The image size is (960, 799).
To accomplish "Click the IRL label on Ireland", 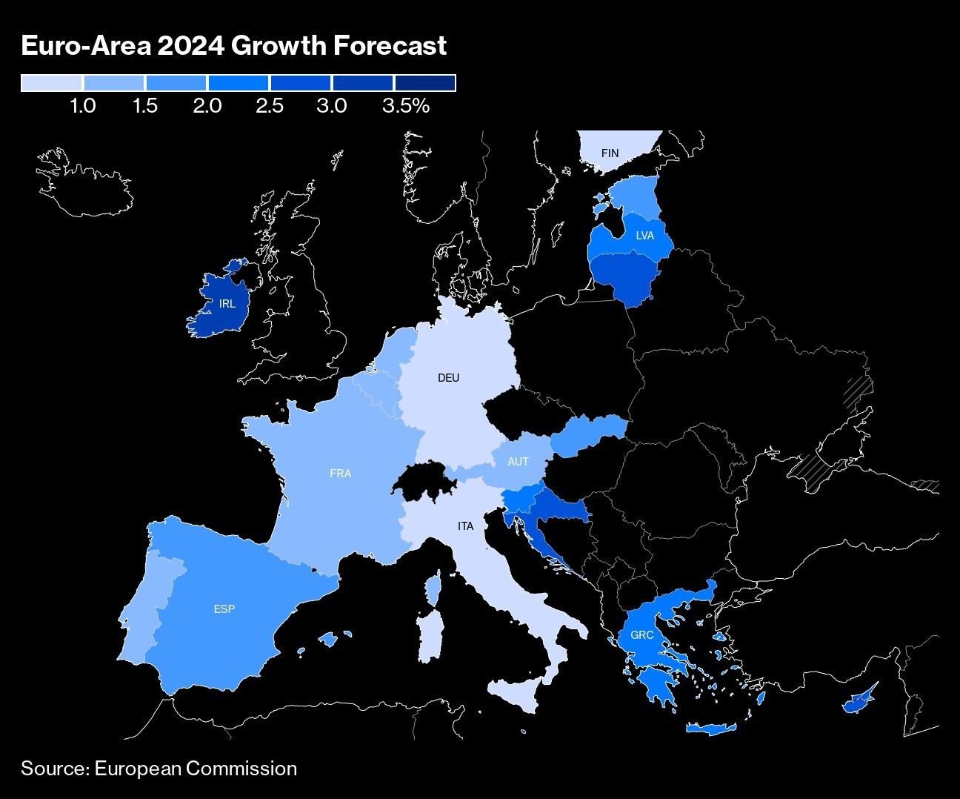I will pos(227,303).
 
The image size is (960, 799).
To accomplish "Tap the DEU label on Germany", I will pos(448,378).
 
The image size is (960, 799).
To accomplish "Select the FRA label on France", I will pos(340,473).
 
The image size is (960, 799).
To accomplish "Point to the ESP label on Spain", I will pos(224,609).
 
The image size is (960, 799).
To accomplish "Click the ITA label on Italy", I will pos(465,526).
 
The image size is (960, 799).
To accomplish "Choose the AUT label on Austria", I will pos(518,462).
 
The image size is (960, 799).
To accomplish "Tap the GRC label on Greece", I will pos(641,635).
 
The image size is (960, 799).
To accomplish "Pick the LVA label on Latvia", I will pos(644,236).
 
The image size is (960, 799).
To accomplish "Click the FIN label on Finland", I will pos(610,153).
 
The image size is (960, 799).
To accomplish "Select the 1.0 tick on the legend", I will pos(82,106).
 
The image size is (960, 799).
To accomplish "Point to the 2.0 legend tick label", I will pos(207,106).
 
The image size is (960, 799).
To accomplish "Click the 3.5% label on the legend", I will pos(406,106).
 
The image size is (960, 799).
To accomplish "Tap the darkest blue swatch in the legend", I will pos(424,83).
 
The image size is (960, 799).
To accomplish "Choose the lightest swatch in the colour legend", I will pos(52,83).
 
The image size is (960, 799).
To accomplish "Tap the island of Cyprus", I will pos(858,701).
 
